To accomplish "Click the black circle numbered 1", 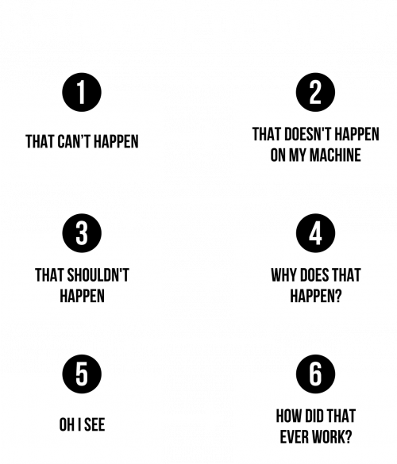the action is (x=82, y=92).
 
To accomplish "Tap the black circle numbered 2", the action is (x=315, y=92).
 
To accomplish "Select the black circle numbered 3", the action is (x=82, y=233).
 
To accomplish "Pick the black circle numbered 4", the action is (x=315, y=233).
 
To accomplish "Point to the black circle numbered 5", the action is (x=82, y=374).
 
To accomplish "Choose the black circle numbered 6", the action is (x=315, y=374).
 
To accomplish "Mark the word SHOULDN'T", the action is (x=98, y=275).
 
